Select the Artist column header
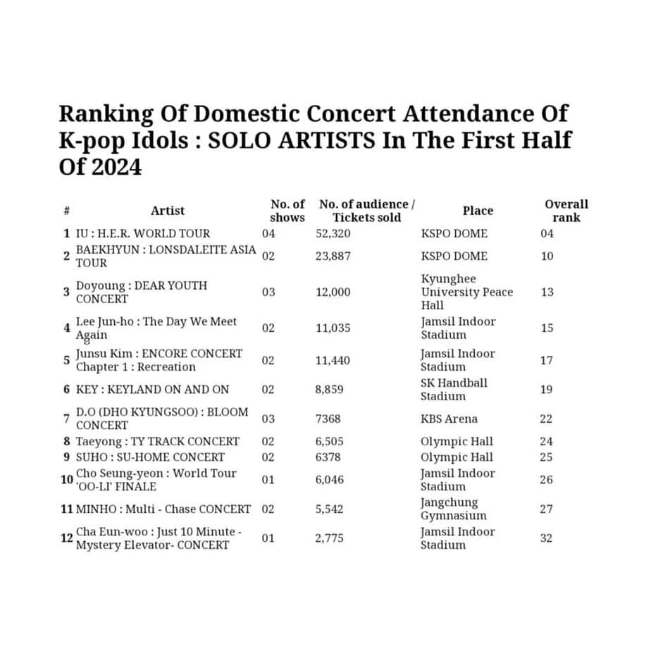(168, 211)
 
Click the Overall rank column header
(566, 211)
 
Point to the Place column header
(478, 211)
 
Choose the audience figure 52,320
(333, 233)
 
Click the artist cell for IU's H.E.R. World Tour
(143, 233)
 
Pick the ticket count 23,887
(333, 256)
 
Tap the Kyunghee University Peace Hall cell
(466, 292)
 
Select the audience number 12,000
(333, 292)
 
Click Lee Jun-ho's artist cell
(156, 328)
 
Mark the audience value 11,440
(333, 360)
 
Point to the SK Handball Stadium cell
(454, 389)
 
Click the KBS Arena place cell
(449, 418)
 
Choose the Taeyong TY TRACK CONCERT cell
(158, 442)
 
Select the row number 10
(66, 480)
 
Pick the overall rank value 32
(547, 538)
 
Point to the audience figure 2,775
(330, 538)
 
